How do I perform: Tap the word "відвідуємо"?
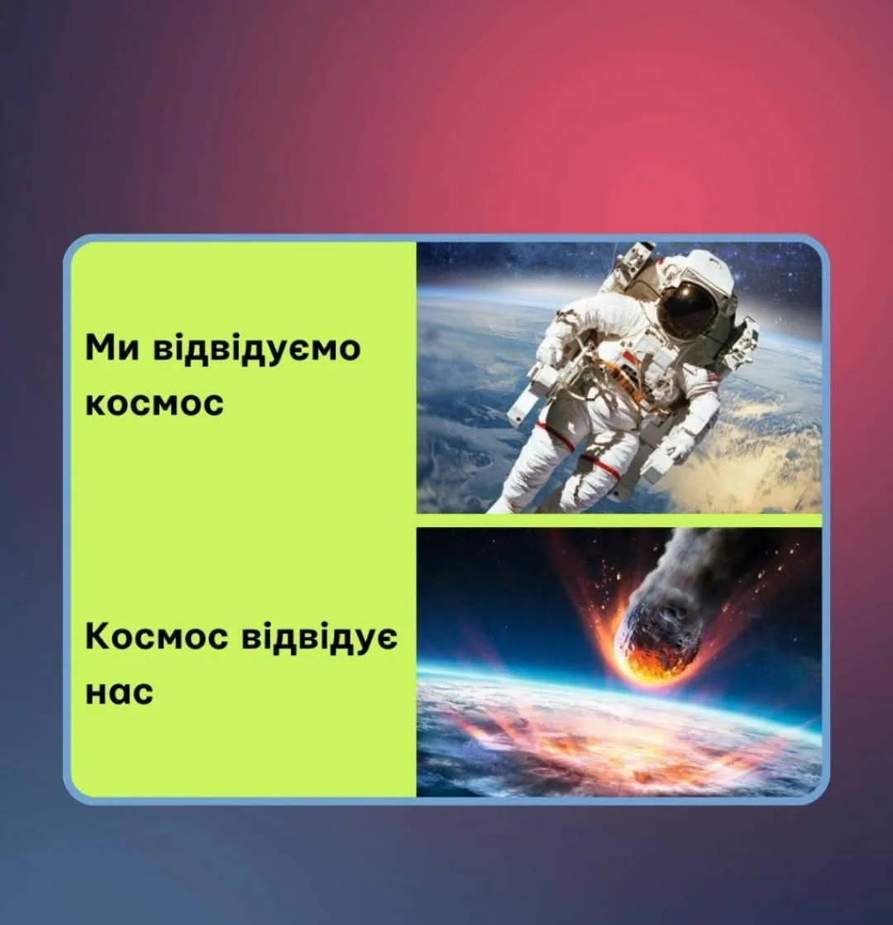[256, 348]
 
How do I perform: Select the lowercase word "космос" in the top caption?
[155, 404]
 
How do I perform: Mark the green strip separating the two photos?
[619, 520]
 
